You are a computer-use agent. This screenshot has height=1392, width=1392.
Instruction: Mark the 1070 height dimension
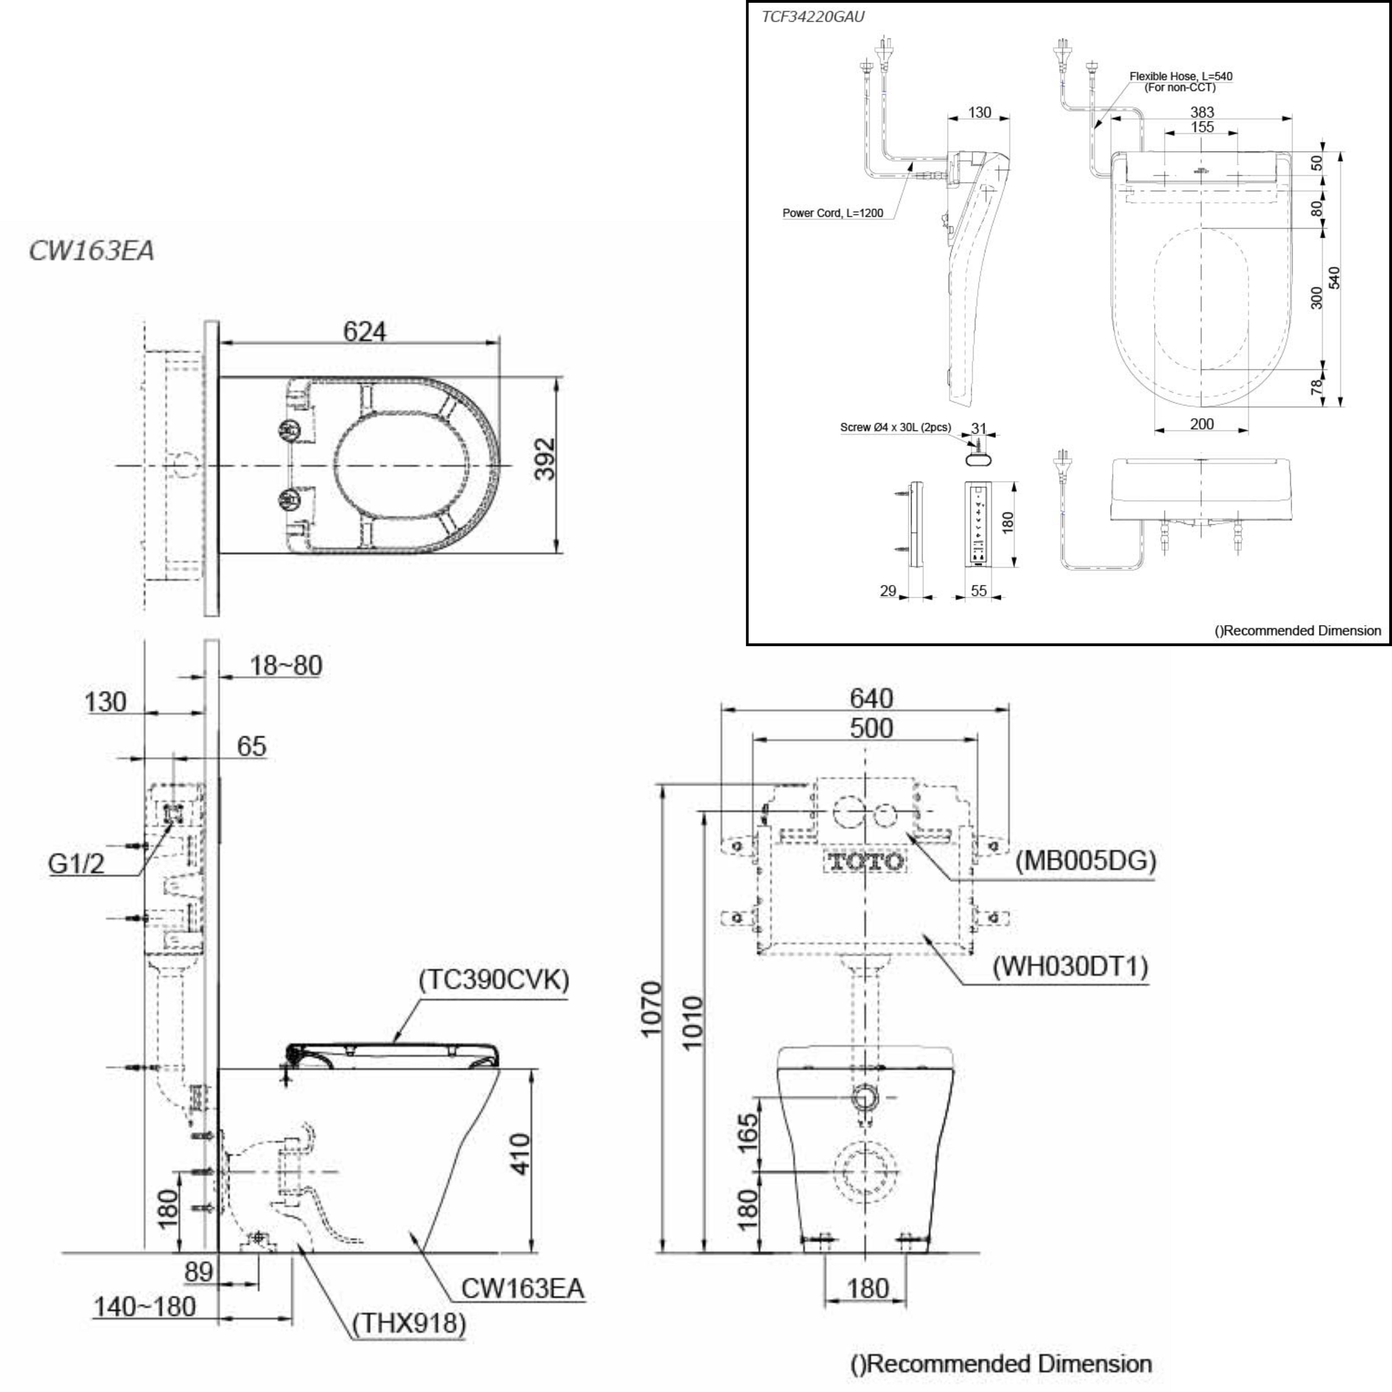651,1009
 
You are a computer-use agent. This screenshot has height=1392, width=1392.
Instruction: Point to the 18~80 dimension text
285,666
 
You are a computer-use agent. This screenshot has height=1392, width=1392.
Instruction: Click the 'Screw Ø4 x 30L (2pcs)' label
895,427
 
